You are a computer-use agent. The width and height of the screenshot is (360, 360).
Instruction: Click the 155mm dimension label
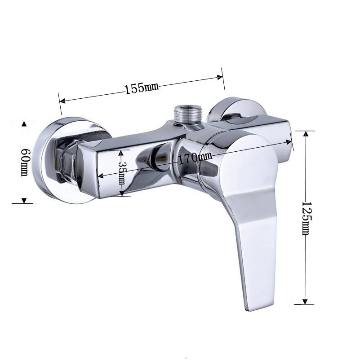click(142, 88)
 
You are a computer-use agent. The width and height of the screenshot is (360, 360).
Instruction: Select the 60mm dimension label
click(25, 162)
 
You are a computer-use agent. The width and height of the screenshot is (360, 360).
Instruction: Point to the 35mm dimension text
click(122, 173)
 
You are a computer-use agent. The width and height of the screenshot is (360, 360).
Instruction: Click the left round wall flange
click(62, 160)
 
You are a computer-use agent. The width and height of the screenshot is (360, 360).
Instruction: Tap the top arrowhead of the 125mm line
click(306, 134)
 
